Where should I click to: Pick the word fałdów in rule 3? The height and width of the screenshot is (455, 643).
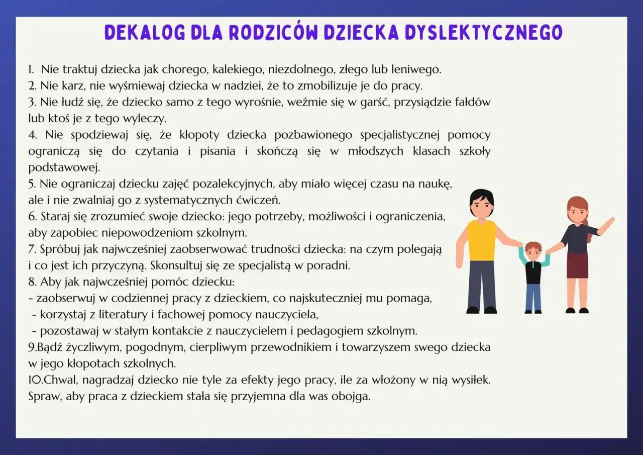(473, 102)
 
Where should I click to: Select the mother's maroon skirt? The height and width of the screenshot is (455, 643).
(578, 265)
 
